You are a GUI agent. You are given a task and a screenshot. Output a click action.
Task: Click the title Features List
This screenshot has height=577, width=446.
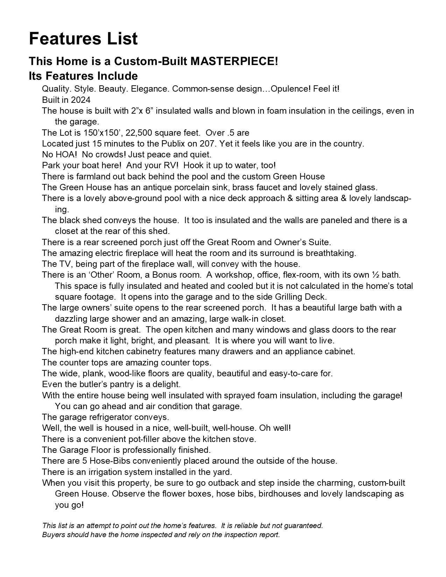pyautogui.click(x=83, y=38)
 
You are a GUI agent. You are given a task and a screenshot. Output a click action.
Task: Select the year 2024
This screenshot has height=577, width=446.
pyautogui.click(x=80, y=100)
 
